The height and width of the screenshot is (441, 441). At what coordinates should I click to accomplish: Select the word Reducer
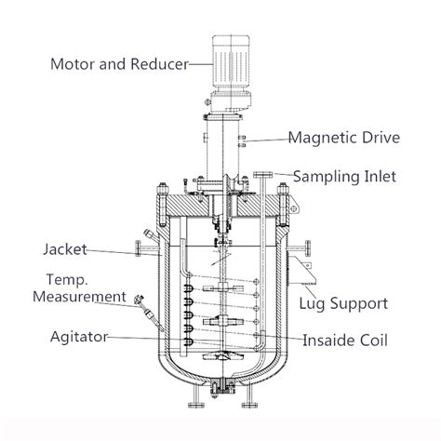coord(158,64)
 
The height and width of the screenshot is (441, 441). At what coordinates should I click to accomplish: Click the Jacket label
coord(64,249)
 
